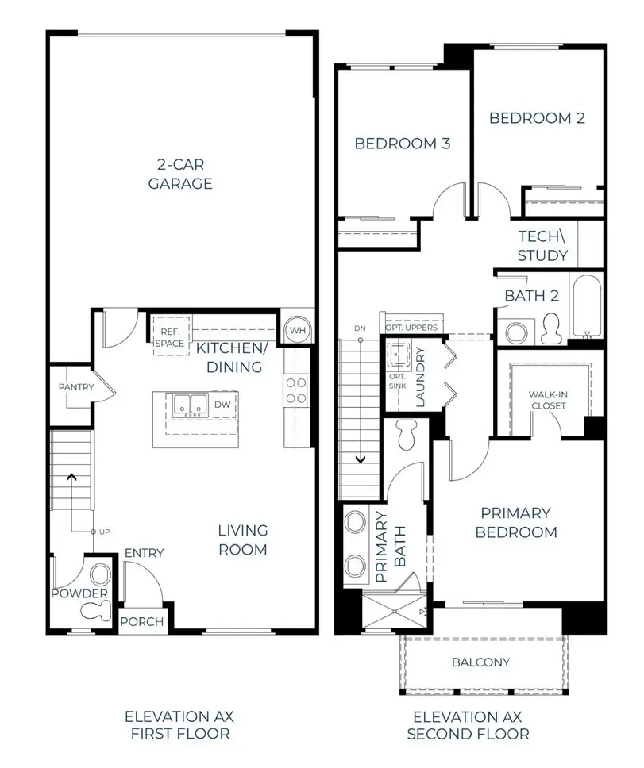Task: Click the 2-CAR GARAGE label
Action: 183,174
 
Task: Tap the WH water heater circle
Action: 297,329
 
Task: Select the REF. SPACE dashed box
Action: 172,337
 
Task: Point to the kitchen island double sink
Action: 189,405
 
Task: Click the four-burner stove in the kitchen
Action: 296,390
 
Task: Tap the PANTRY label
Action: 76,387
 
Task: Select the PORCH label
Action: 142,621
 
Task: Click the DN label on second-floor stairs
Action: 359,328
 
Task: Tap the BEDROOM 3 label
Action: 402,144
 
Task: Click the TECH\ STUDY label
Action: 542,246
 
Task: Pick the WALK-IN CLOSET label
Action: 548,399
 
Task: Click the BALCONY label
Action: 481,662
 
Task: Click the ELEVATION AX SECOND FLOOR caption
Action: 468,725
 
